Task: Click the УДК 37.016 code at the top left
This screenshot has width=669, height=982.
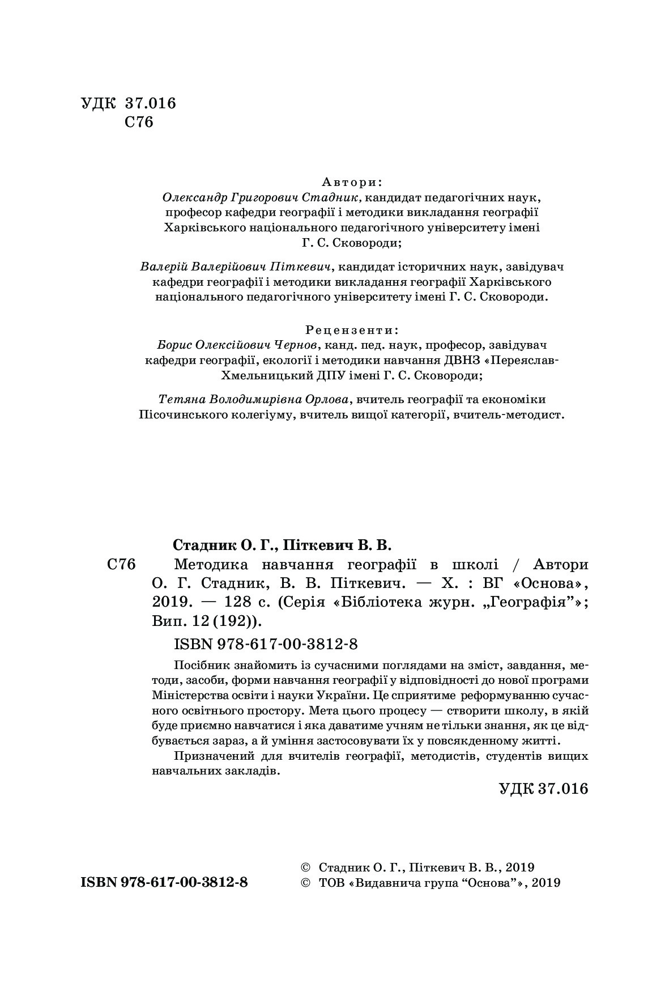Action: [129, 103]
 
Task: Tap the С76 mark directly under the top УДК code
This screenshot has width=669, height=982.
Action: [139, 122]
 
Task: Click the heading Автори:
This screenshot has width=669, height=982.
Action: [352, 182]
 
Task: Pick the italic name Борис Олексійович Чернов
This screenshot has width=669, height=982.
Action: [238, 345]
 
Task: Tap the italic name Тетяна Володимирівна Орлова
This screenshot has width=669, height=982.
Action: [252, 399]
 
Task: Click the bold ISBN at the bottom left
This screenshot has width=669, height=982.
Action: [164, 883]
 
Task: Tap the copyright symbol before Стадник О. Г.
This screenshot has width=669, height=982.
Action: [305, 867]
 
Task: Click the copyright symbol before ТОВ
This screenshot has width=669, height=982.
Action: [305, 883]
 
